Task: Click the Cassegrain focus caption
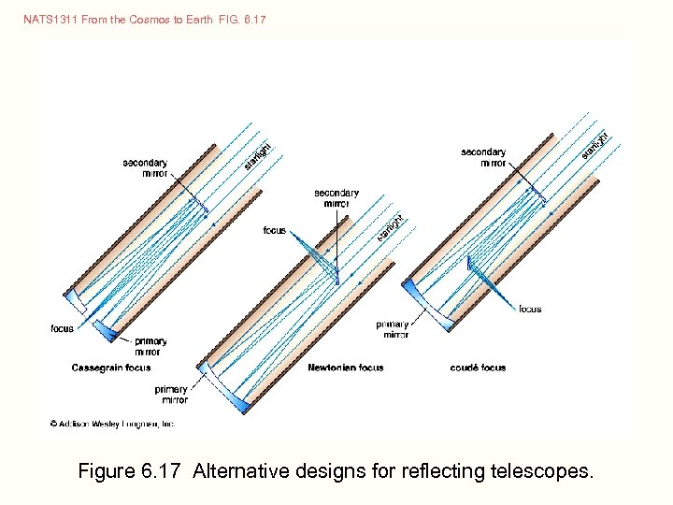pos(111,368)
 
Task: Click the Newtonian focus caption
pos(346,368)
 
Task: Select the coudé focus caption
pos(478,368)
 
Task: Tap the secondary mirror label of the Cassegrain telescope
pos(145,167)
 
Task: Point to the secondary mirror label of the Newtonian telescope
pos(336,198)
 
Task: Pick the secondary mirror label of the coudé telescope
pos(483,157)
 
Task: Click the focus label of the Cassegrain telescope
pos(62,328)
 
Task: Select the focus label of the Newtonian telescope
pos(275,230)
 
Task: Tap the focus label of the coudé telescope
pos(530,309)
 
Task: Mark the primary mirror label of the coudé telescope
pos(393,328)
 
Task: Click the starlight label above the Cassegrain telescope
pos(258,154)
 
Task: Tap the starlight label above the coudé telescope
pos(594,145)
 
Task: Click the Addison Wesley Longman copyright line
pos(112,424)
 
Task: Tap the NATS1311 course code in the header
pos(50,19)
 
